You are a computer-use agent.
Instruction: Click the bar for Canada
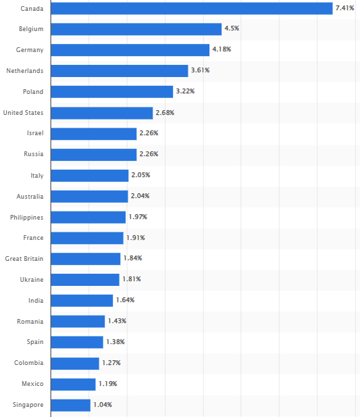pos(191,8)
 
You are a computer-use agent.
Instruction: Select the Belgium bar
pos(136,29)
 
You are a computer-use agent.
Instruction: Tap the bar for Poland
pos(111,92)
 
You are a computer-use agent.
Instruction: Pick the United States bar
pos(101,113)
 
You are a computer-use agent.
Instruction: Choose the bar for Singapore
pos(70,405)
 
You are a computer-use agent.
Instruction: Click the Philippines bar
pos(88,217)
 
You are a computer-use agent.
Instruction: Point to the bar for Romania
pos(78,321)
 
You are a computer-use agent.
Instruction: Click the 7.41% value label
pos(343,8)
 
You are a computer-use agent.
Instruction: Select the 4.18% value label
pos(222,50)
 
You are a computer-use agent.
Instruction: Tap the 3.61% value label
pos(201,71)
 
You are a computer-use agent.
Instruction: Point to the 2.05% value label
pos(140,175)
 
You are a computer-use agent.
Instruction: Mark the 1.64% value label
pos(125,300)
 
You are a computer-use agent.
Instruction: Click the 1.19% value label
pos(107,384)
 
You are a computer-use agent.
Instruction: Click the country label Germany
pos(30,50)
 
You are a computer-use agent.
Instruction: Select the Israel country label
pos(34,134)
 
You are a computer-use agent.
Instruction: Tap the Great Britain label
pos(24,259)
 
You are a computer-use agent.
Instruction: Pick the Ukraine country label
pos(31,279)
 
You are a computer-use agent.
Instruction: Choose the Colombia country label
pos(29,363)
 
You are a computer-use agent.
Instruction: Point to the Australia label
pos(30,196)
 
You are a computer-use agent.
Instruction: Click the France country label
pos(33,238)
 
